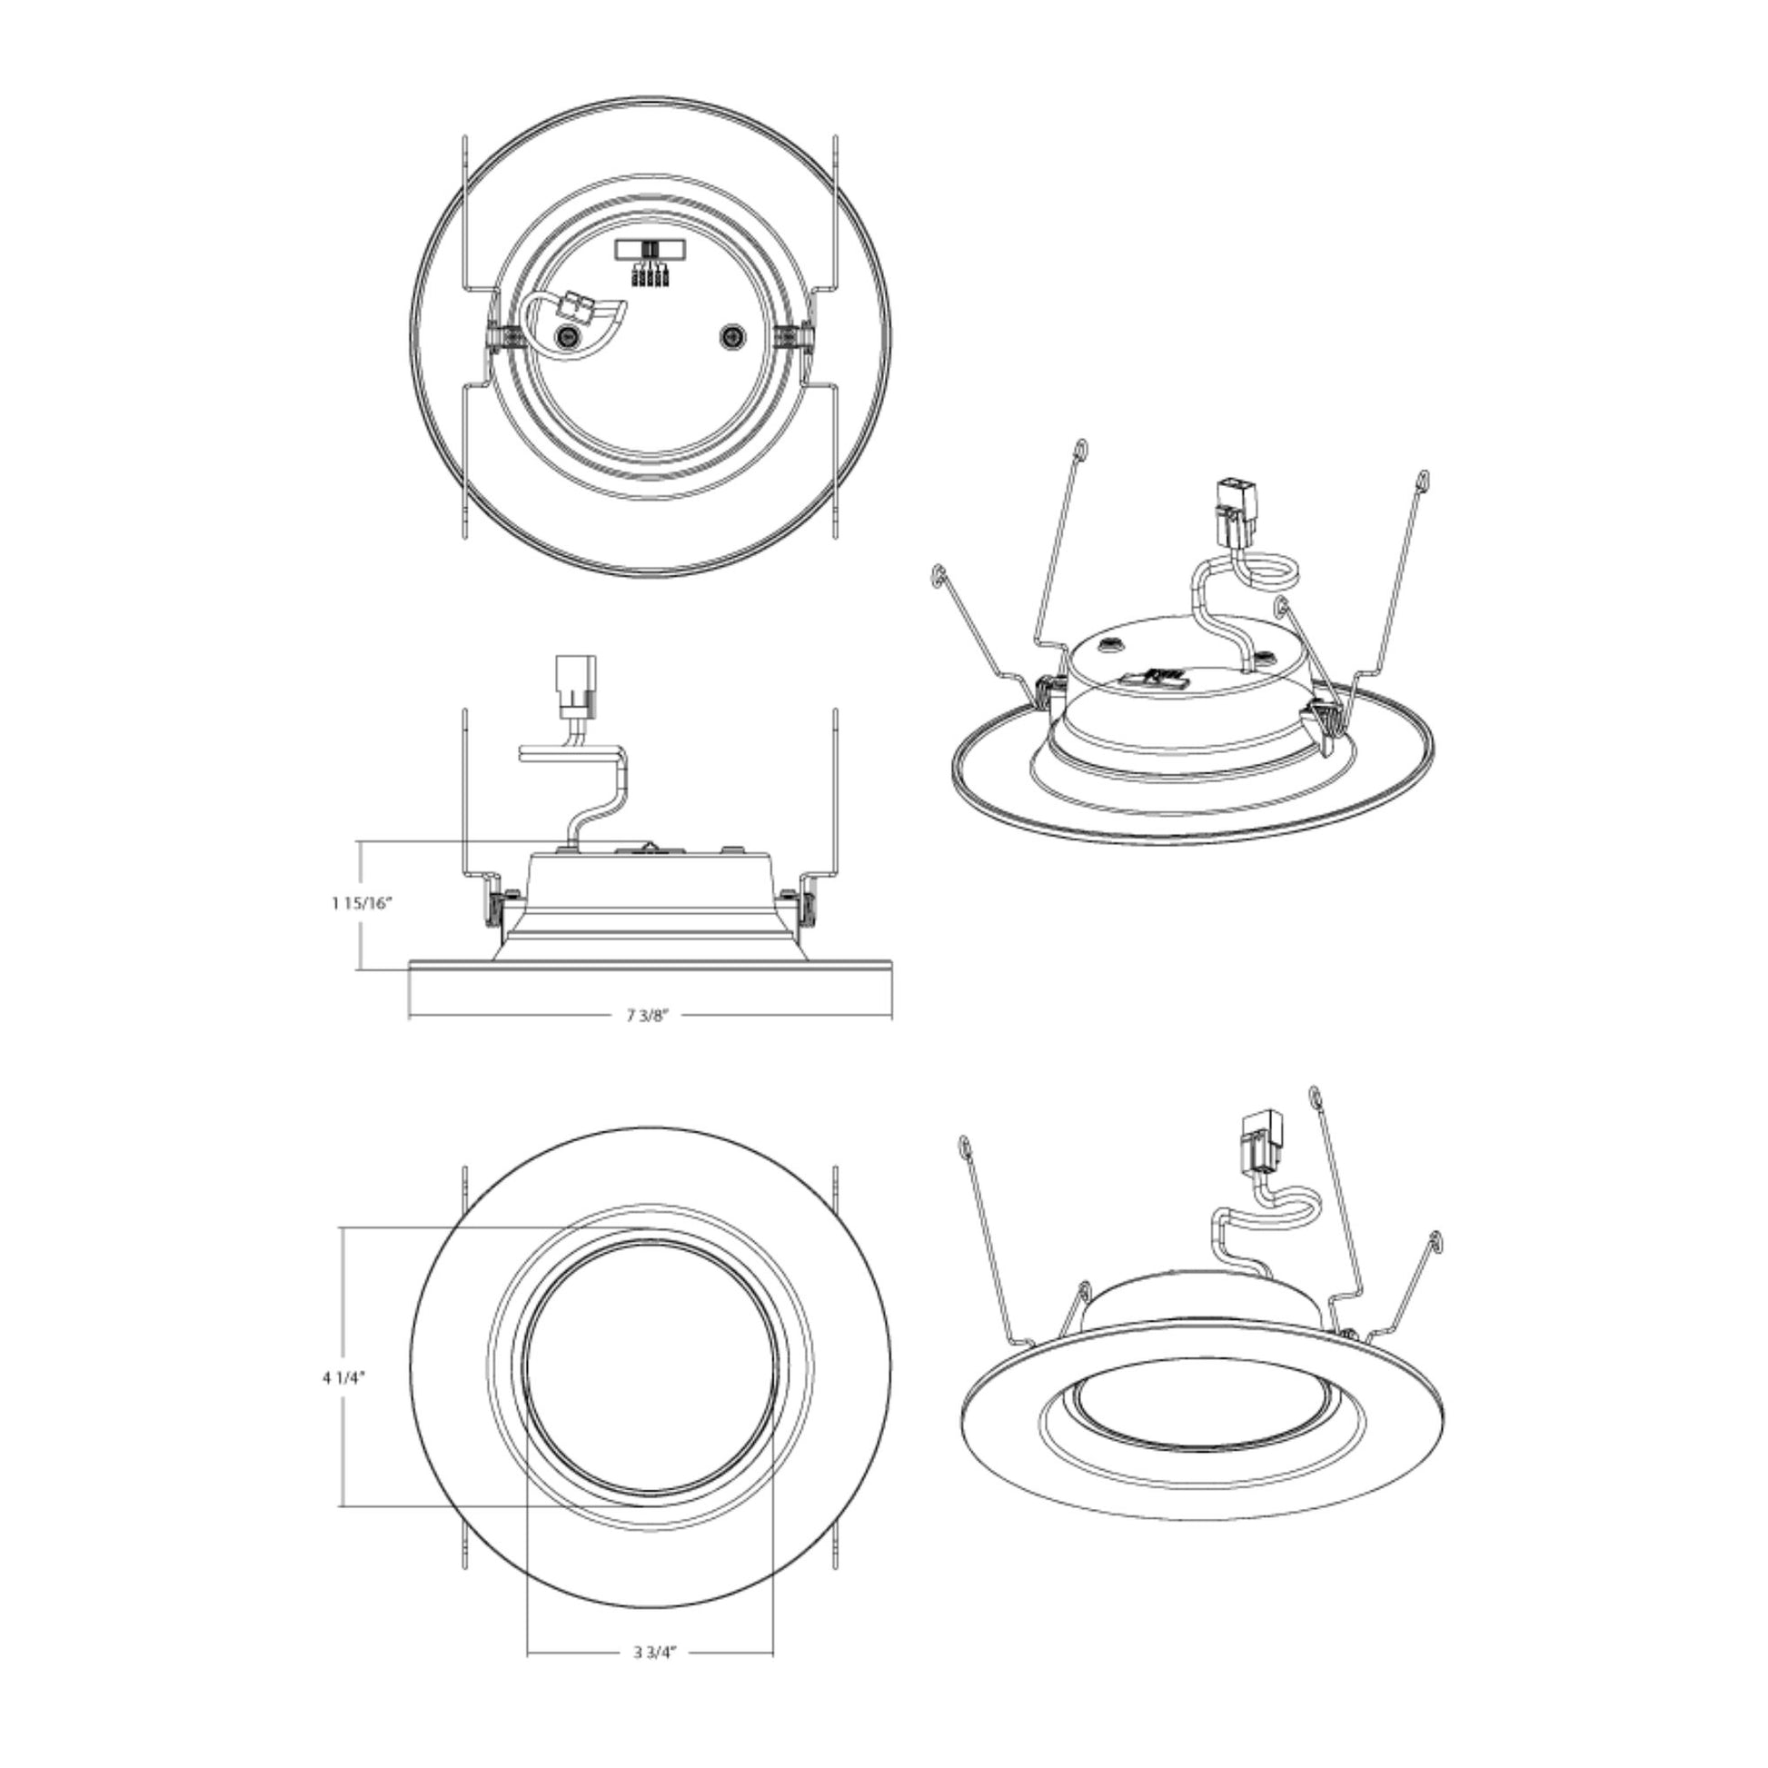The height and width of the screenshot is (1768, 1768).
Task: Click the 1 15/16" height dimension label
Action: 362,903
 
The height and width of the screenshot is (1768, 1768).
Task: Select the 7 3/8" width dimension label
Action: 649,1015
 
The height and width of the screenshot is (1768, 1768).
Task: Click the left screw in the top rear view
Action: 567,338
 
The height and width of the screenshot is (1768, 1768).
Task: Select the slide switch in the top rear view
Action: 649,249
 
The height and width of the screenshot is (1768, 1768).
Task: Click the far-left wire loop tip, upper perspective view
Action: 936,574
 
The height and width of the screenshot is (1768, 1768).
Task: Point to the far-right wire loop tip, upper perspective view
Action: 1421,477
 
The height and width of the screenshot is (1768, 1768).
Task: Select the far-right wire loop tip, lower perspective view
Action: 1434,1240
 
